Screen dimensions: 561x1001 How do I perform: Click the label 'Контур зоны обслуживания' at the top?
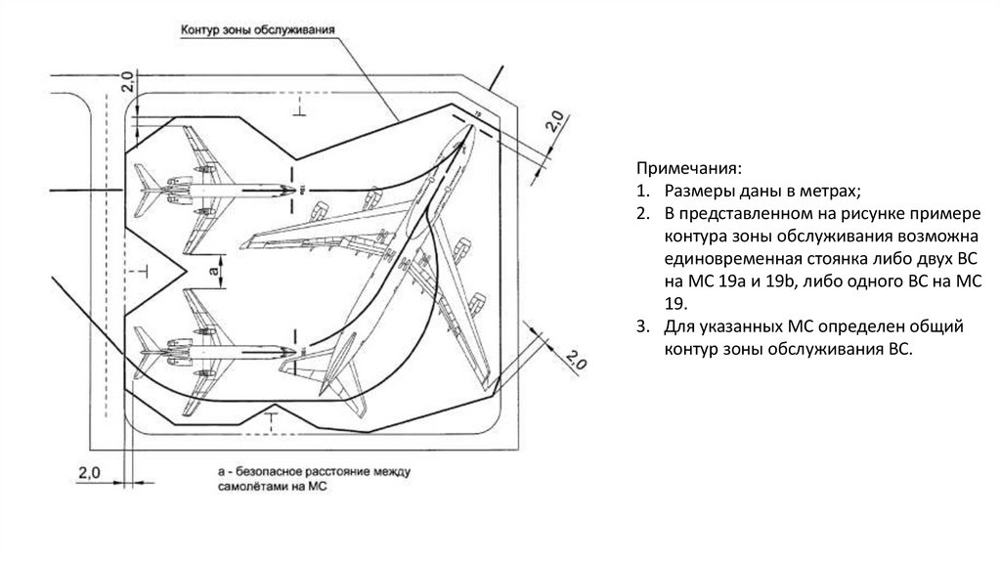tap(258, 31)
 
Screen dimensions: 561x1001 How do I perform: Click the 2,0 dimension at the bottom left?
tap(89, 472)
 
